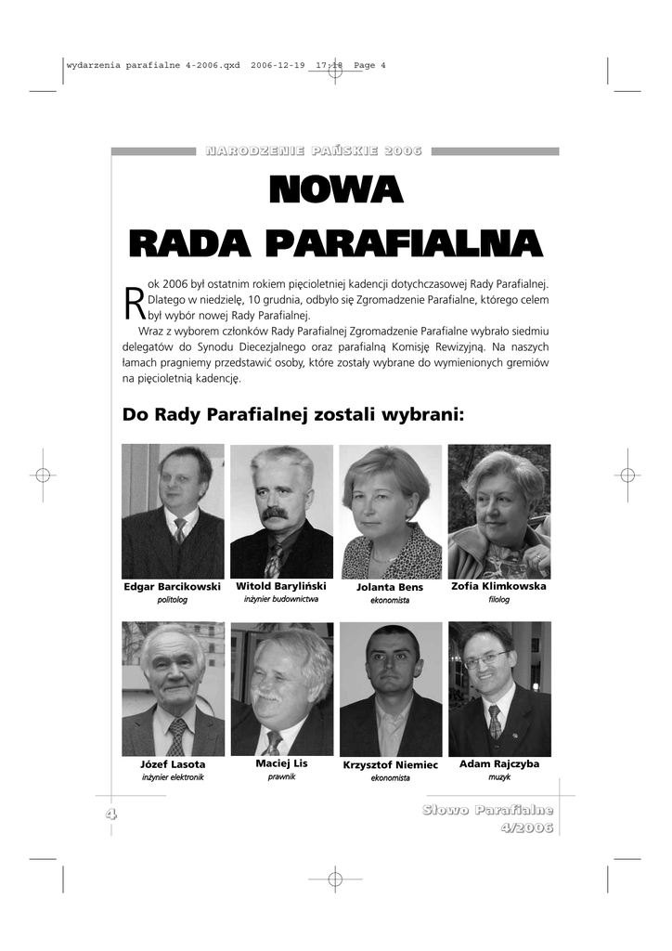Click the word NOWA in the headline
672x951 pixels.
click(x=335, y=190)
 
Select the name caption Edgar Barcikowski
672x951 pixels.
click(x=172, y=587)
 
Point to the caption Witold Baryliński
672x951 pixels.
click(x=281, y=586)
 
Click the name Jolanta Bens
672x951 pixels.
click(x=390, y=587)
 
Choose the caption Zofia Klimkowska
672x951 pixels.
click(x=498, y=586)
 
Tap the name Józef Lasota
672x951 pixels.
click(x=173, y=764)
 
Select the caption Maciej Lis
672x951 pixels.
click(x=281, y=763)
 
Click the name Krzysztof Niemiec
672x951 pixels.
click(x=390, y=765)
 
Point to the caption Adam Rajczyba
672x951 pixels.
click(x=499, y=763)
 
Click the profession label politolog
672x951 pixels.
click(x=172, y=601)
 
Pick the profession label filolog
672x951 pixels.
click(x=499, y=600)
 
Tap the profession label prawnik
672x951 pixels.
click(x=281, y=776)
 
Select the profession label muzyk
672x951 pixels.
click(x=499, y=777)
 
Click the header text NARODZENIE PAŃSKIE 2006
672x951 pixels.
click(x=314, y=150)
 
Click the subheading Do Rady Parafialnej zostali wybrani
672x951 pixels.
click(x=292, y=414)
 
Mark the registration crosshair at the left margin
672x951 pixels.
click(x=43, y=475)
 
